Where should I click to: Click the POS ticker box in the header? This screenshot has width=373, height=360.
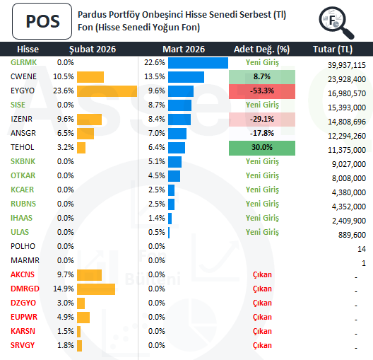tap(42, 21)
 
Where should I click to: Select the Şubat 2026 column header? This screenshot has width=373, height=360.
tap(92, 49)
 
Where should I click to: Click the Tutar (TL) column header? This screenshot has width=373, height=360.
tap(332, 49)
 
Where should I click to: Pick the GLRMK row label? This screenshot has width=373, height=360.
tap(24, 62)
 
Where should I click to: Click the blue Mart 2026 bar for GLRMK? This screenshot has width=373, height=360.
tap(198, 62)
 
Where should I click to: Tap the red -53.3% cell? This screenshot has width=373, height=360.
tap(262, 91)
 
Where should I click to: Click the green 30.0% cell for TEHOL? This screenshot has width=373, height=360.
tap(262, 147)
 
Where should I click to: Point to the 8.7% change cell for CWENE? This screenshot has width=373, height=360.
tap(262, 76)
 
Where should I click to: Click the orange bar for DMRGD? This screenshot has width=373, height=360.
tap(95, 289)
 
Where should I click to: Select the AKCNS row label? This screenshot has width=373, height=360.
tap(23, 274)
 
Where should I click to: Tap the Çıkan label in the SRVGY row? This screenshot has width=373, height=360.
tap(262, 345)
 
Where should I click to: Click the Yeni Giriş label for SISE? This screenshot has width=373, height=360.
tap(262, 105)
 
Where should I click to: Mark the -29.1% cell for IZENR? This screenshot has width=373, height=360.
tap(262, 119)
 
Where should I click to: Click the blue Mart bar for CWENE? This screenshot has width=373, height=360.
tap(186, 76)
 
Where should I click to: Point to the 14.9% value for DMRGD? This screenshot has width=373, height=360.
tap(64, 289)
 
